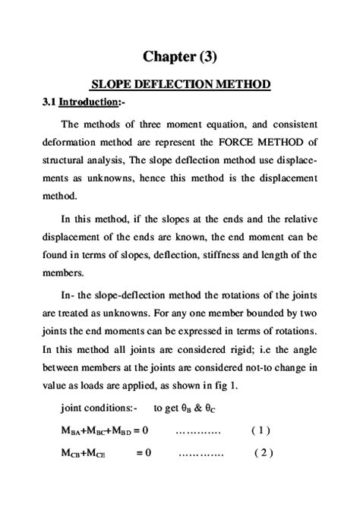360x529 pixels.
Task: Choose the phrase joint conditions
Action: click(x=97, y=408)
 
